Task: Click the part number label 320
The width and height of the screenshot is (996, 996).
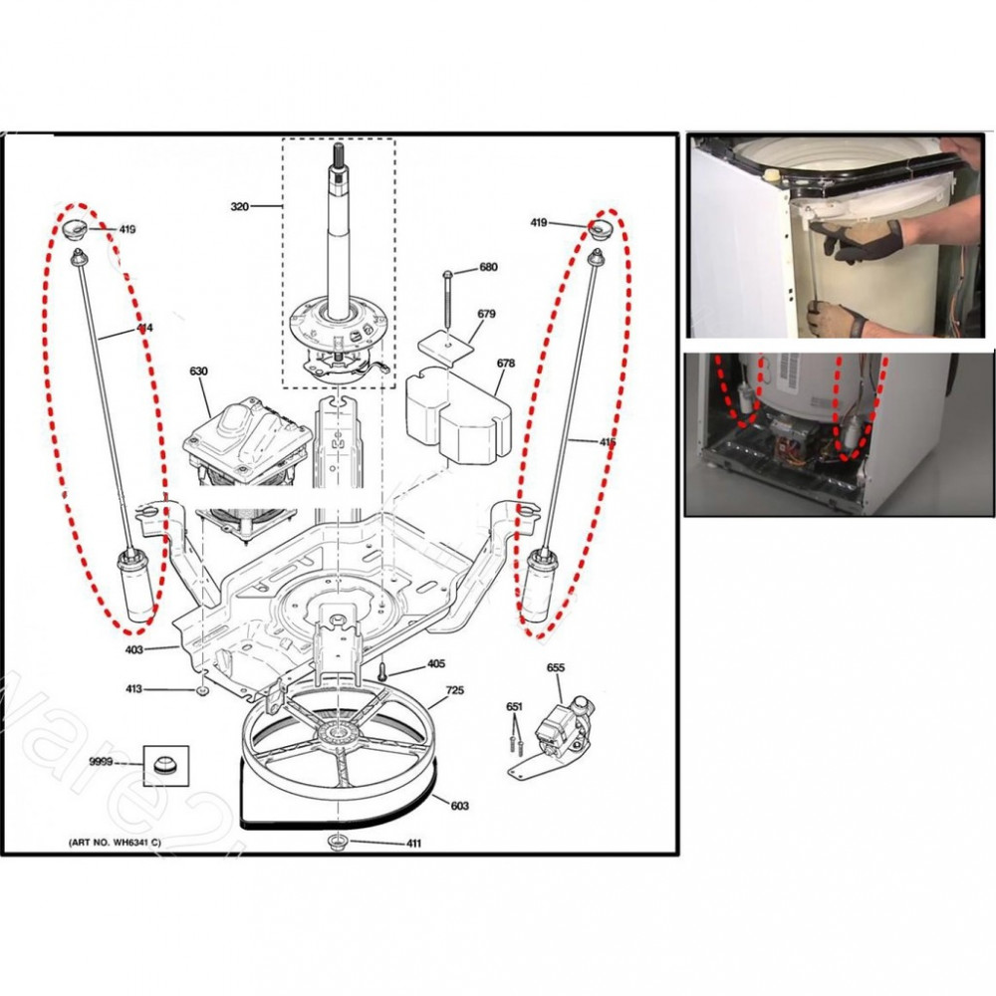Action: pos(239,207)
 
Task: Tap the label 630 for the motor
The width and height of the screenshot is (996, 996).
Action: pos(198,373)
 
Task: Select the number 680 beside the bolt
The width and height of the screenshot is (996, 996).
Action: pos(488,267)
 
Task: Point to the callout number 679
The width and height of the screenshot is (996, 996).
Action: pos(486,315)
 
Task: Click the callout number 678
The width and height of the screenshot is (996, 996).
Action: pos(506,364)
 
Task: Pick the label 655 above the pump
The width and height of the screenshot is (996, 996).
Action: pos(556,667)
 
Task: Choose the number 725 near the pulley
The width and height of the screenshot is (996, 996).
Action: pos(454,690)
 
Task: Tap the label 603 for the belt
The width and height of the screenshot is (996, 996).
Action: pos(459,806)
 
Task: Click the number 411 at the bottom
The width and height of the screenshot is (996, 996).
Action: pos(413,845)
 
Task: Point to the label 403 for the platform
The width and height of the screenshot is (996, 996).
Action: pos(134,649)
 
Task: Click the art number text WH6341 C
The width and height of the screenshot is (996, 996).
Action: pos(116,844)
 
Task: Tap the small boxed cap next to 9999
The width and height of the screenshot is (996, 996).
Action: pos(163,766)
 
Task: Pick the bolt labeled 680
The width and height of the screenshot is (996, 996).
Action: pos(447,297)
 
